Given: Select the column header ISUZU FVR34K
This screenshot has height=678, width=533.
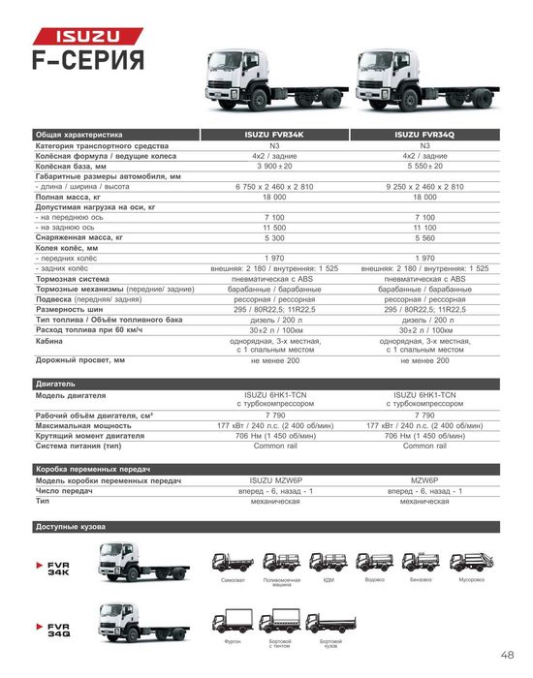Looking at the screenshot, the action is [275, 135].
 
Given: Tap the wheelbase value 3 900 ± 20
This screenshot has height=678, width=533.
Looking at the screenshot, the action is [275, 166].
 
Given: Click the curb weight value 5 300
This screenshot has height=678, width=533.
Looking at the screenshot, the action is [275, 236].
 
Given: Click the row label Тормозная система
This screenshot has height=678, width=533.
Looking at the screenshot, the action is [73, 278].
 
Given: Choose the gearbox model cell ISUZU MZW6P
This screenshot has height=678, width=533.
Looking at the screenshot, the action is [275, 481].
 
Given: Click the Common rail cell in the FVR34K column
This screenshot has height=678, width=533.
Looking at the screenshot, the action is [275, 446].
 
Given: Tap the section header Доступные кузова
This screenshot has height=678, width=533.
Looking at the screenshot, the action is [70, 527].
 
